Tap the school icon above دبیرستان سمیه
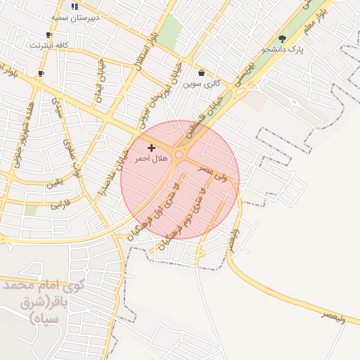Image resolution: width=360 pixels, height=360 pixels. pyautogui.click(x=75, y=6)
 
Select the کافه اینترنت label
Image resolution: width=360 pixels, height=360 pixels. pyautogui.click(x=49, y=45)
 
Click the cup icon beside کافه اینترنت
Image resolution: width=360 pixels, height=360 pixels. pyautogui.click(x=49, y=34)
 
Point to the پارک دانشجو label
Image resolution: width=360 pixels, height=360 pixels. pyautogui.click(x=283, y=50)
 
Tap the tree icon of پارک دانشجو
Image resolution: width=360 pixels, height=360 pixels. pyautogui.click(x=283, y=39)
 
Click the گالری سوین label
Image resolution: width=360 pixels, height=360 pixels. pyautogui.click(x=202, y=83)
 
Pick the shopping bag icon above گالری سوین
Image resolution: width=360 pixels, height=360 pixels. pyautogui.click(x=202, y=72)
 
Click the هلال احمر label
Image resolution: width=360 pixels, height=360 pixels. pyautogui.click(x=151, y=159)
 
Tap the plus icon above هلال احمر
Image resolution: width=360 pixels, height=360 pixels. pyautogui.click(x=151, y=148)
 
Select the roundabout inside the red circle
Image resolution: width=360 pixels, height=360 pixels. pyautogui.click(x=180, y=155)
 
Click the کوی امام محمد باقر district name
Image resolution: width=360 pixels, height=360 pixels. pyautogui.click(x=42, y=301)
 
